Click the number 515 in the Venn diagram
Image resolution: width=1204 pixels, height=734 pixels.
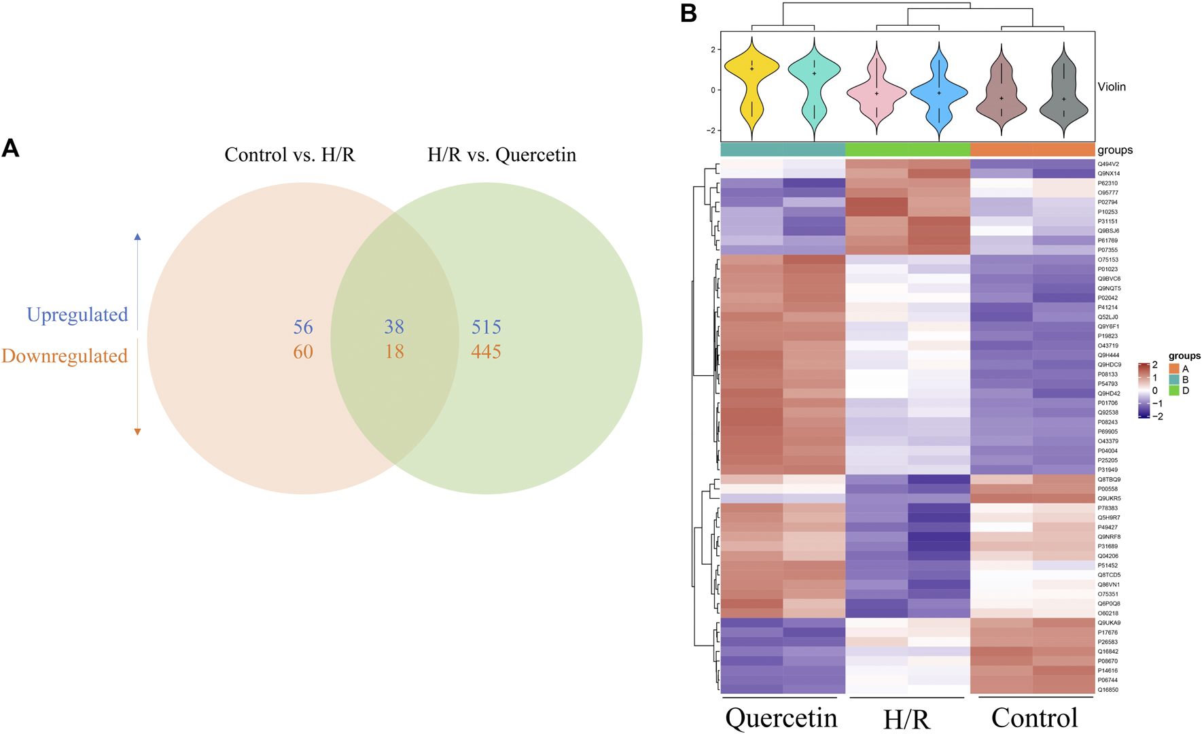coord(486,327)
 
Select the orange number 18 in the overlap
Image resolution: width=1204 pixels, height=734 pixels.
coord(394,351)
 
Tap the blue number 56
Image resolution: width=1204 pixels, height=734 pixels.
coord(303,327)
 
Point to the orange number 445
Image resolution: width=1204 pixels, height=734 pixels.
coord(486,351)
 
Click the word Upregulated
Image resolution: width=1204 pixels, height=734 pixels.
coord(77,315)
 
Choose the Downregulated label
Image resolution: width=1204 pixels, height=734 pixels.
coord(65,355)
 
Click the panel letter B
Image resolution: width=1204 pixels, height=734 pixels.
coord(689,13)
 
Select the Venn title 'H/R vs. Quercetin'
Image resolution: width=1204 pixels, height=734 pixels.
coord(501,155)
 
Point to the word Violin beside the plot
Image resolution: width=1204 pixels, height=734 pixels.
coord(1112,87)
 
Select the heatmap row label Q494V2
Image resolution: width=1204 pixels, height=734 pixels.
coord(1108,164)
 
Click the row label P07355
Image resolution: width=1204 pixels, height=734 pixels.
coord(1108,250)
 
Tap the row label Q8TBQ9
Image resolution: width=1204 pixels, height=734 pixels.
coord(1109,479)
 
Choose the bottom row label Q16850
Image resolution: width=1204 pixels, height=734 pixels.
coord(1108,690)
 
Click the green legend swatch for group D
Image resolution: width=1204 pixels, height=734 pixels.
coord(1174,391)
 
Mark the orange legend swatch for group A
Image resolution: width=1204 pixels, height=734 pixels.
coord(1174,369)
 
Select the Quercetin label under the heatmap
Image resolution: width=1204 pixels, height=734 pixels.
coord(781,718)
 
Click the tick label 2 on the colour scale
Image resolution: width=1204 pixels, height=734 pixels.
coord(1155,365)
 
